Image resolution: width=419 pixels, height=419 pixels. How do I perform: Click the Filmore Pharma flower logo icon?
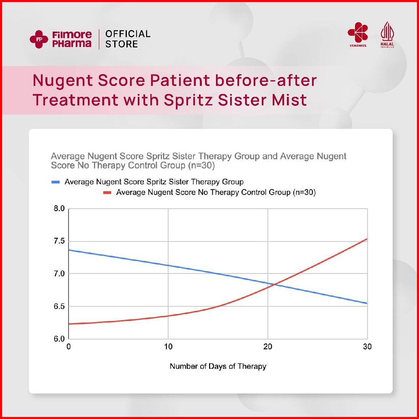39,39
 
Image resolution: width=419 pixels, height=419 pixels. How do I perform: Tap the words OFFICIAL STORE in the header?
128,39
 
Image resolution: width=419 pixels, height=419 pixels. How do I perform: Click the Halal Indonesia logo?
387,35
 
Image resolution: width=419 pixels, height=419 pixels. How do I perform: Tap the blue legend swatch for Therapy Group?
56,182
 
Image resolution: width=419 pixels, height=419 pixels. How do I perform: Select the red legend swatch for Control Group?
107,193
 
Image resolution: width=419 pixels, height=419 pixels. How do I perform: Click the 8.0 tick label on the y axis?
59,209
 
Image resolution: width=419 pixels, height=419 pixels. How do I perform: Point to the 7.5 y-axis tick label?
59,242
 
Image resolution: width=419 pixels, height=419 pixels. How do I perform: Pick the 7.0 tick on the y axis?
59,274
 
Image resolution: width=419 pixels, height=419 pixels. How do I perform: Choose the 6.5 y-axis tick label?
59,306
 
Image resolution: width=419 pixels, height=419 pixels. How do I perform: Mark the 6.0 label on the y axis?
59,339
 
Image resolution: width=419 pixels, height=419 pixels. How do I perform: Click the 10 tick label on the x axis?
168,347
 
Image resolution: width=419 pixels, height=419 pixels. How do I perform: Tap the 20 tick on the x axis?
267,347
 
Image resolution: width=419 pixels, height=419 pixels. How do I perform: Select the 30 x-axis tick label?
367,347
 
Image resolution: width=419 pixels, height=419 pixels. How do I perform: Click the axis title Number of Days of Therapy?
218,366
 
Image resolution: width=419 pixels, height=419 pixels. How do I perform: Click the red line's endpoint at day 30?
367,239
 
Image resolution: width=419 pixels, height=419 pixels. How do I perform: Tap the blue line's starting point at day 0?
69,250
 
